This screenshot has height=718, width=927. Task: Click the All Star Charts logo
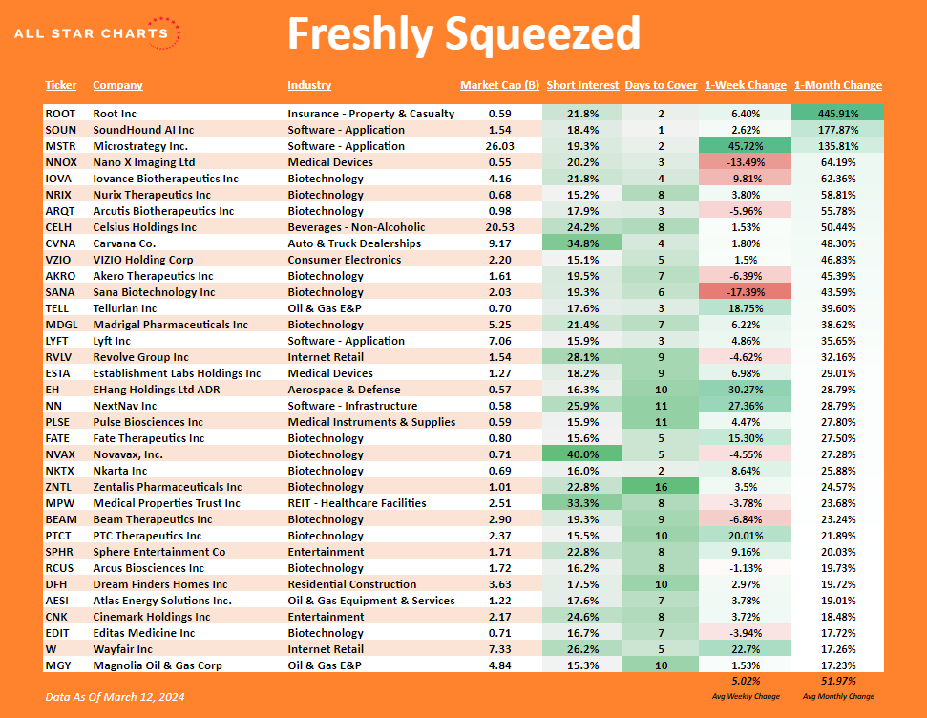pos(96,33)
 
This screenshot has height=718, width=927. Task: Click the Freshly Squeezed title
pos(464,35)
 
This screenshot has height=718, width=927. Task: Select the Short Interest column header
pos(582,85)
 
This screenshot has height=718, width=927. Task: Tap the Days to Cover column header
pos(661,85)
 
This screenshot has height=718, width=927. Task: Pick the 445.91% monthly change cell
pos(837,114)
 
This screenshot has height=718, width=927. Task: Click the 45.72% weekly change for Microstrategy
pos(745,146)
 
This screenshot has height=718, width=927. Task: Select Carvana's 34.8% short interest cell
pos(582,243)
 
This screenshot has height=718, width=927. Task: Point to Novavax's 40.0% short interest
pos(582,454)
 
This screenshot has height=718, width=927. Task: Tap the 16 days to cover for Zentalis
pos(661,487)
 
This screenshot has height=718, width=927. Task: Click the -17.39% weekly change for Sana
pos(745,292)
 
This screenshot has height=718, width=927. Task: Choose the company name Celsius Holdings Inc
pos(145,227)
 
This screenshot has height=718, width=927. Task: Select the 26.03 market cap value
pos(499,146)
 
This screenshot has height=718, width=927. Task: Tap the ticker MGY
pos(57,665)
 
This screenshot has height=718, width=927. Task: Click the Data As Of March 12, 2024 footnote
pos(115,697)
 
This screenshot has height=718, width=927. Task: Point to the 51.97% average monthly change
pos(837,681)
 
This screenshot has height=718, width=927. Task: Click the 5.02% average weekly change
pos(745,681)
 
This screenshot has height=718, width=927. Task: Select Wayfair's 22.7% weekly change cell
pos(745,649)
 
